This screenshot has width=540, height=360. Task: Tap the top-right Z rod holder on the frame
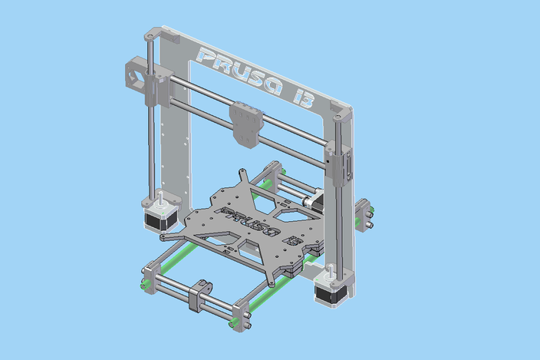point(342,113)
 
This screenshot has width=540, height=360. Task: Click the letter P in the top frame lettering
point(206,55)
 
